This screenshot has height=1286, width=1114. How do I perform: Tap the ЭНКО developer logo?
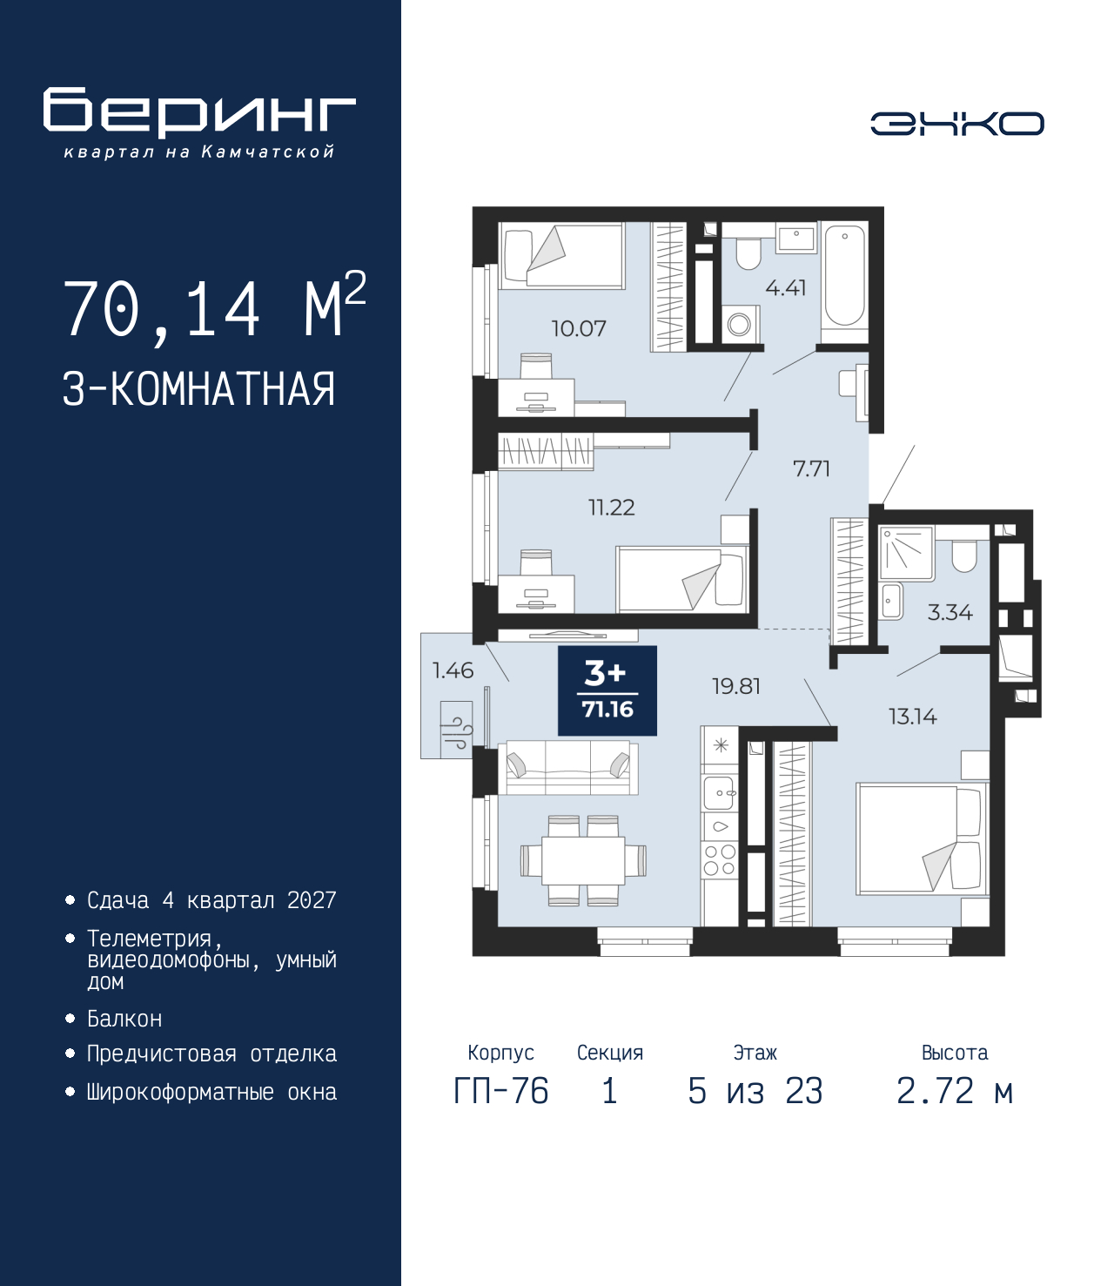pos(957,123)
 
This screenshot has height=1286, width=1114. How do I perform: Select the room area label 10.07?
pos(579,328)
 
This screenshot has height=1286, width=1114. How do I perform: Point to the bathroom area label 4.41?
pos(786,287)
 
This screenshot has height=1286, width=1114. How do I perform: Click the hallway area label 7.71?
pos(811,468)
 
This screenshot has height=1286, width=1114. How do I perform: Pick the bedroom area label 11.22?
pos(612,507)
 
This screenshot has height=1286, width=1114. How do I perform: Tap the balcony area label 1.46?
pos(453,670)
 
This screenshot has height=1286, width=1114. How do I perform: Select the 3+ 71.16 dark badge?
pos(607,690)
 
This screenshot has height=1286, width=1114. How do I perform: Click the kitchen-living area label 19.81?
pos(735,686)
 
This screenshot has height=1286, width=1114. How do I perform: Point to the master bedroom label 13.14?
pos(912,717)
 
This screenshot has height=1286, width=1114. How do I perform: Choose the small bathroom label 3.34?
pos(950,612)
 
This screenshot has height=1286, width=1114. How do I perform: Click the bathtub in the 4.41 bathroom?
pos(844,275)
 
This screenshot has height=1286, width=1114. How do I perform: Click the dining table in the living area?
pos(583,861)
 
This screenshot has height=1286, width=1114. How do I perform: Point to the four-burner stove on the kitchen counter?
pos(721,860)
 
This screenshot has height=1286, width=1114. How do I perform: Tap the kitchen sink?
pos(721,793)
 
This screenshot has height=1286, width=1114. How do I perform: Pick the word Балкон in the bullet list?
pos(124,1019)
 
